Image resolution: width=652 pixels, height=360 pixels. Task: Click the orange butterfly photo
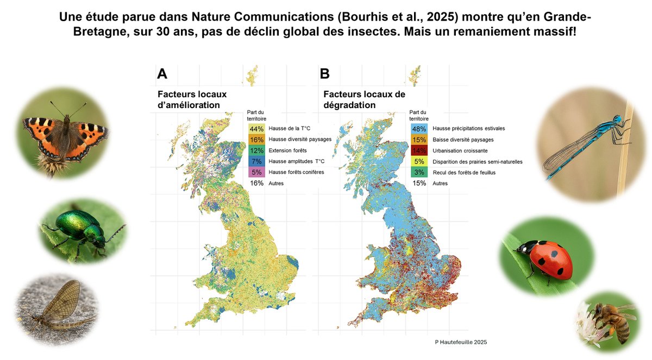65,133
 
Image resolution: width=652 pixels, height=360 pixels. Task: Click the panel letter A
162,73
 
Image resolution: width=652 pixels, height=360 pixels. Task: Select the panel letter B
325,73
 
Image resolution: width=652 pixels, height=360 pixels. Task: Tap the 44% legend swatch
256,129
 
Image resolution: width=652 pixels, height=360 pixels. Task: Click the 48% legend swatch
419,129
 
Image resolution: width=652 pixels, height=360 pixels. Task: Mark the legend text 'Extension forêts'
289,150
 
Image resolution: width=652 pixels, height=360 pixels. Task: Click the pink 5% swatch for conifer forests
256,172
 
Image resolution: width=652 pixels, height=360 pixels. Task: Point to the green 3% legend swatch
419,172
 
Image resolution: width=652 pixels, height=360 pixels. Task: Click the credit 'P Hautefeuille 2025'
461,342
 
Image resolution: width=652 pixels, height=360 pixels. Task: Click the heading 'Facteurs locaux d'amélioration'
192,99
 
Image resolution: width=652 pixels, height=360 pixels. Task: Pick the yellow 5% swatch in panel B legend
419,161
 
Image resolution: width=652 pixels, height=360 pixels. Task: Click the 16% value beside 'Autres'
256,183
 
